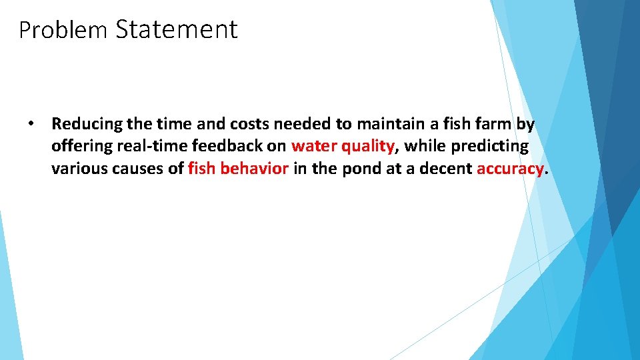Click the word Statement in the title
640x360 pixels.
(176, 29)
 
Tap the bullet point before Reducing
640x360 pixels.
(31, 124)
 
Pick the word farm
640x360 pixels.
(495, 124)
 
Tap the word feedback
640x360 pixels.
(223, 146)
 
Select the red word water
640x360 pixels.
(313, 146)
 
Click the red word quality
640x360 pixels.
(367, 147)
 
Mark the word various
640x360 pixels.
(79, 169)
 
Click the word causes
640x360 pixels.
(139, 169)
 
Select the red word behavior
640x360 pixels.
(253, 169)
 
